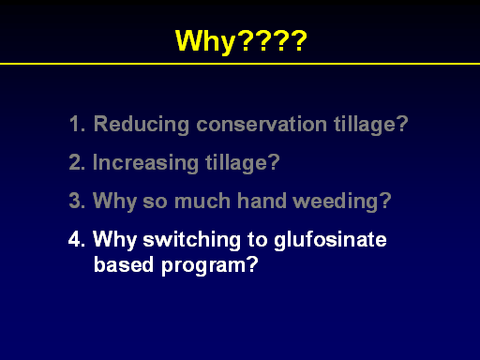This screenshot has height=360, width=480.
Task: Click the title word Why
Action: [205, 42]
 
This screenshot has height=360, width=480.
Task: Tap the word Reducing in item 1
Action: [142, 125]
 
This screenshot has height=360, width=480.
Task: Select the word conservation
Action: [262, 124]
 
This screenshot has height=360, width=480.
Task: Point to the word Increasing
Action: [145, 163]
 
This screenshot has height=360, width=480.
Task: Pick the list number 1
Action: [77, 124]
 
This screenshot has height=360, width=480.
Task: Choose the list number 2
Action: [77, 162]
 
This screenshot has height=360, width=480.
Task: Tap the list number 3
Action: [77, 201]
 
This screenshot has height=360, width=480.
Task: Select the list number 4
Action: [77, 239]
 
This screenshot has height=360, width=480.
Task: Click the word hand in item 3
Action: [262, 201]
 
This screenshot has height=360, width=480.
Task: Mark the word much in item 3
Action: [202, 201]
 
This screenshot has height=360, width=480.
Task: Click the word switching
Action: [192, 240]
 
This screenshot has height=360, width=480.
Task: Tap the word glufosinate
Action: [331, 240]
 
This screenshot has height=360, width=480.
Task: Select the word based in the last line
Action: [124, 264]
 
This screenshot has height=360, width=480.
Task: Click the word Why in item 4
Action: [114, 240]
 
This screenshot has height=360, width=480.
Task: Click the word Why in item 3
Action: [114, 202]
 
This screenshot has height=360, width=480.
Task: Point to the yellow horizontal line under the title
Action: [240, 64]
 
